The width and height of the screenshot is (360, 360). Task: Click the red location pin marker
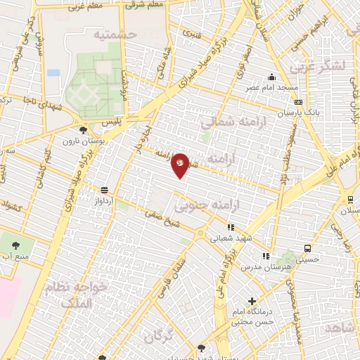[x=181, y=165]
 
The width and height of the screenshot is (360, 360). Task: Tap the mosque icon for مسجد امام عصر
[x=271, y=77]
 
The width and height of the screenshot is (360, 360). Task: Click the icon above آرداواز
[x=104, y=190]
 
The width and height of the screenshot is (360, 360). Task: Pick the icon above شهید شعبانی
[x=230, y=227]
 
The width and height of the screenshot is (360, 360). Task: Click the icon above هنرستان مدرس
[x=265, y=257]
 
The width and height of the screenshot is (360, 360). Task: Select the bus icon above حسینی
[x=307, y=248]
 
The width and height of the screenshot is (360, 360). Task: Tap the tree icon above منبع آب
[x=16, y=245]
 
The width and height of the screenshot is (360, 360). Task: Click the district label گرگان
[x=158, y=336]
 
